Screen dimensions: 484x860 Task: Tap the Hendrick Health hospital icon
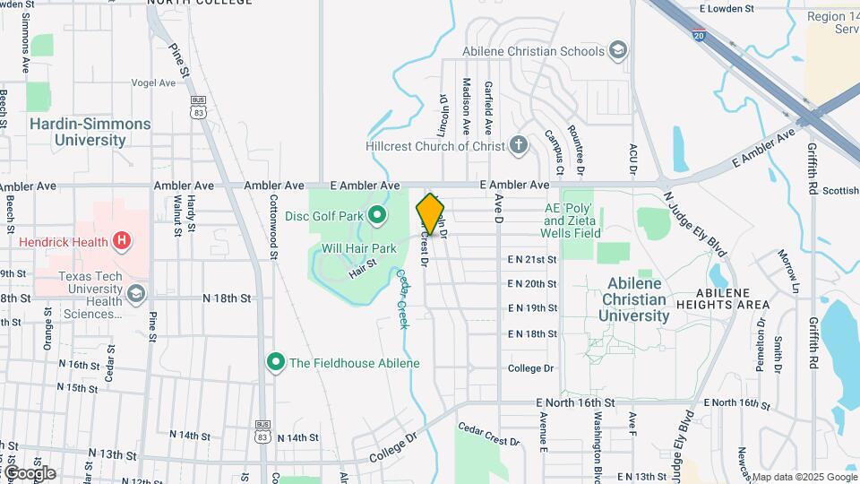[123, 240]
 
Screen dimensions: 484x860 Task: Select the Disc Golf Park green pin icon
[377, 214]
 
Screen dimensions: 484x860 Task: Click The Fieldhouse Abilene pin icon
[275, 362]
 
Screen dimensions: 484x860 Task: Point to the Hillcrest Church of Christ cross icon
[518, 145]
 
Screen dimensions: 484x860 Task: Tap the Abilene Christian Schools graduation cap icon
[617, 50]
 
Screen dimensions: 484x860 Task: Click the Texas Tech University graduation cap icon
[135, 293]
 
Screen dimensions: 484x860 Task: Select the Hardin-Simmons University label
[90, 132]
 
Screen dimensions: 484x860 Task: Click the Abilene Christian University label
[635, 299]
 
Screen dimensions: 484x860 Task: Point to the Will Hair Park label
[358, 247]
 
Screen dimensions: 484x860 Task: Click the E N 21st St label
[532, 259]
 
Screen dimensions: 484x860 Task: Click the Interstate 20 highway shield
[699, 35]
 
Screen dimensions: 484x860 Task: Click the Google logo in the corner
[29, 472]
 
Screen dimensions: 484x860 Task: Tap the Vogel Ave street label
[154, 82]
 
